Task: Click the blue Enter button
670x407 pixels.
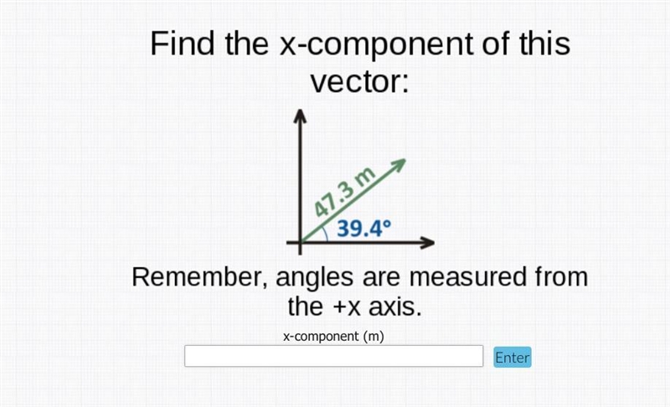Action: pyautogui.click(x=513, y=357)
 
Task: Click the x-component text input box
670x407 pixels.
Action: pyautogui.click(x=333, y=356)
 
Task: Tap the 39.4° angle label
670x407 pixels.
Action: pyautogui.click(x=363, y=229)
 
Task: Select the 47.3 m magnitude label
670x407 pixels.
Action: pyautogui.click(x=344, y=192)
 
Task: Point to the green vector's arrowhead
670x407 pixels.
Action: pyautogui.click(x=399, y=164)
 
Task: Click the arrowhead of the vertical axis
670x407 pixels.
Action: pyautogui.click(x=300, y=115)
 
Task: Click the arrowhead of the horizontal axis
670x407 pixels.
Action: pyautogui.click(x=427, y=243)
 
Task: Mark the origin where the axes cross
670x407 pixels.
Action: pyautogui.click(x=300, y=243)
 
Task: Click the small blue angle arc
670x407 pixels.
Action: pyautogui.click(x=326, y=234)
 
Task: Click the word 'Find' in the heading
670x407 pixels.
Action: pyautogui.click(x=183, y=44)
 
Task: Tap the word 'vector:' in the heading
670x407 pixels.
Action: pyautogui.click(x=360, y=81)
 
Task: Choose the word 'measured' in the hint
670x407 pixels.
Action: pyautogui.click(x=468, y=276)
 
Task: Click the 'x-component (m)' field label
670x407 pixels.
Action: pyautogui.click(x=333, y=337)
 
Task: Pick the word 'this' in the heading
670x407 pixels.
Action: pyautogui.click(x=544, y=44)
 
